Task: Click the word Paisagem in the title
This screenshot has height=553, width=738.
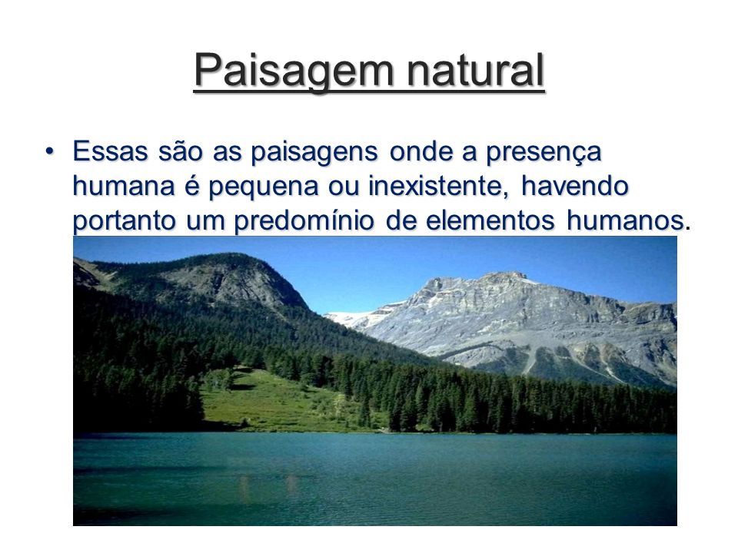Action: (293, 70)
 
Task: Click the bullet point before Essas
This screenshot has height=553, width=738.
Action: (49, 151)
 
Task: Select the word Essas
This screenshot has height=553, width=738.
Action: (110, 151)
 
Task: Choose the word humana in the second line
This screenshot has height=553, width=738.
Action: (124, 186)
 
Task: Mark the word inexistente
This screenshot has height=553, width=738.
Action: (438, 186)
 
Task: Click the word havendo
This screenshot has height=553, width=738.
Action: (575, 185)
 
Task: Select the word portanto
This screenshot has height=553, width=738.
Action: (125, 221)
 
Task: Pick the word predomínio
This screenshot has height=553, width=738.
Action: (304, 221)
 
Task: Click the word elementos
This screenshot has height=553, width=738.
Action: (490, 220)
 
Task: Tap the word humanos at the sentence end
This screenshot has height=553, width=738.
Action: (625, 220)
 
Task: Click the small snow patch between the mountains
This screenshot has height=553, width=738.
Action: (351, 317)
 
